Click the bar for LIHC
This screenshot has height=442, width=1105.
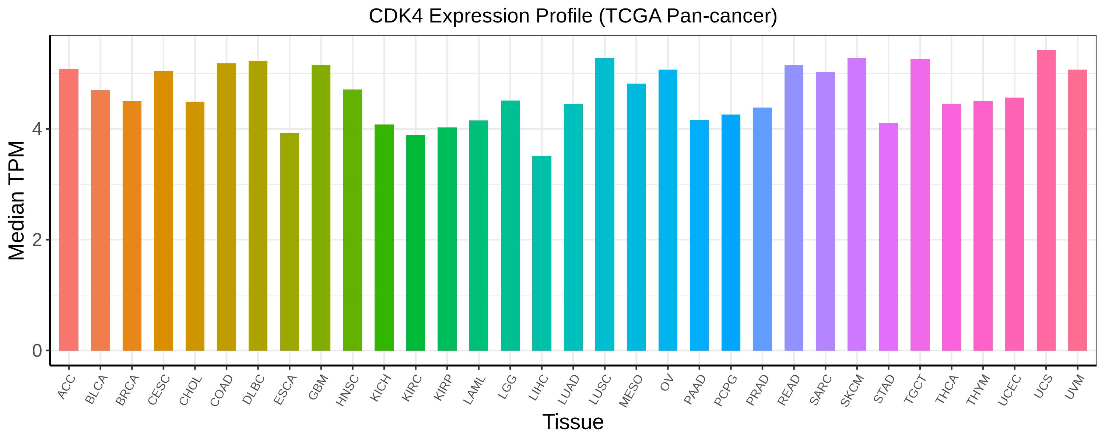pyautogui.click(x=542, y=253)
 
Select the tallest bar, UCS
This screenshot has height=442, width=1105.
pyautogui.click(x=1046, y=200)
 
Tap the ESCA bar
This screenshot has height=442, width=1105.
pyautogui.click(x=290, y=242)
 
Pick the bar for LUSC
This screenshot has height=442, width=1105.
pyautogui.click(x=605, y=204)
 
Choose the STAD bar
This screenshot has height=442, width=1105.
pyautogui.click(x=888, y=237)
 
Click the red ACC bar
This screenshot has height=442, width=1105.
pyautogui.click(x=69, y=210)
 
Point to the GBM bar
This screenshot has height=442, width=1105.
pyautogui.click(x=321, y=208)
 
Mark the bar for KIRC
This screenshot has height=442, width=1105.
pyautogui.click(x=415, y=243)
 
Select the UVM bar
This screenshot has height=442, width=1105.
pyautogui.click(x=1077, y=210)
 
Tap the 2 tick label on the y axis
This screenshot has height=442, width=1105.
pyautogui.click(x=37, y=240)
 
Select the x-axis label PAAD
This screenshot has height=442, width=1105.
pyautogui.click(x=695, y=390)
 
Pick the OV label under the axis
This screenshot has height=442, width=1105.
pyautogui.click(x=666, y=383)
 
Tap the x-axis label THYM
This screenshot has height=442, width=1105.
pyautogui.click(x=978, y=390)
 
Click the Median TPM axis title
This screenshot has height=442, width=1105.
pyautogui.click(x=17, y=200)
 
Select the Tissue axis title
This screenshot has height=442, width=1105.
pyautogui.click(x=573, y=422)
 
